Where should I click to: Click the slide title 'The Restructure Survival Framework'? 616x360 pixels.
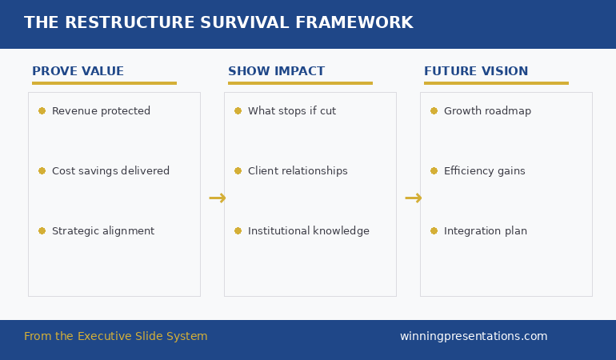pyautogui.click(x=218, y=23)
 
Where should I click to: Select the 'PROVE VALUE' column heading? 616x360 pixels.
pyautogui.click(x=78, y=72)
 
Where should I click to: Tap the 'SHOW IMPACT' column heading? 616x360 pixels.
pyautogui.click(x=276, y=72)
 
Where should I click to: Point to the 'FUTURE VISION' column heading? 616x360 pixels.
pyautogui.click(x=476, y=72)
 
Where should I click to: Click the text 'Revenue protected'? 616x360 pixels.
pyautogui.click(x=101, y=111)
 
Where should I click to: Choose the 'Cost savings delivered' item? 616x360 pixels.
pyautogui.click(x=110, y=171)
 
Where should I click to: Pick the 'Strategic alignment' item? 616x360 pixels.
pyautogui.click(x=103, y=231)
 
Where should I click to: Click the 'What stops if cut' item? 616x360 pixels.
pyautogui.click(x=292, y=111)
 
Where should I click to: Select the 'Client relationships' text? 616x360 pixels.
pyautogui.click(x=298, y=171)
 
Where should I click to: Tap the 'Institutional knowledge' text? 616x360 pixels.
pyautogui.click(x=309, y=231)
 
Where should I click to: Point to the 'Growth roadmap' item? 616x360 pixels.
pyautogui.click(x=487, y=111)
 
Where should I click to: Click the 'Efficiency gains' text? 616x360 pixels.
pyautogui.click(x=485, y=171)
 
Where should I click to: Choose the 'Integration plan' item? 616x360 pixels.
pyautogui.click(x=486, y=231)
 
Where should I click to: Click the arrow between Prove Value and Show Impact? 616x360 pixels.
pyautogui.click(x=217, y=198)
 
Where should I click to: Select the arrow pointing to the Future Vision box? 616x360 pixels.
pyautogui.click(x=413, y=198)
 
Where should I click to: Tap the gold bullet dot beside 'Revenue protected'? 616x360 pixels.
pyautogui.click(x=42, y=111)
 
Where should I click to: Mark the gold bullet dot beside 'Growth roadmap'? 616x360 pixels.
pyautogui.click(x=434, y=111)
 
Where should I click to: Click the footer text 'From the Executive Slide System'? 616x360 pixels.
pyautogui.click(x=115, y=337)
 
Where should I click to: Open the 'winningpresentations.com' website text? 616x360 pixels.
pyautogui.click(x=474, y=337)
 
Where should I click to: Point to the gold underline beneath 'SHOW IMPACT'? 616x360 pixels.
pyautogui.click(x=300, y=83)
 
